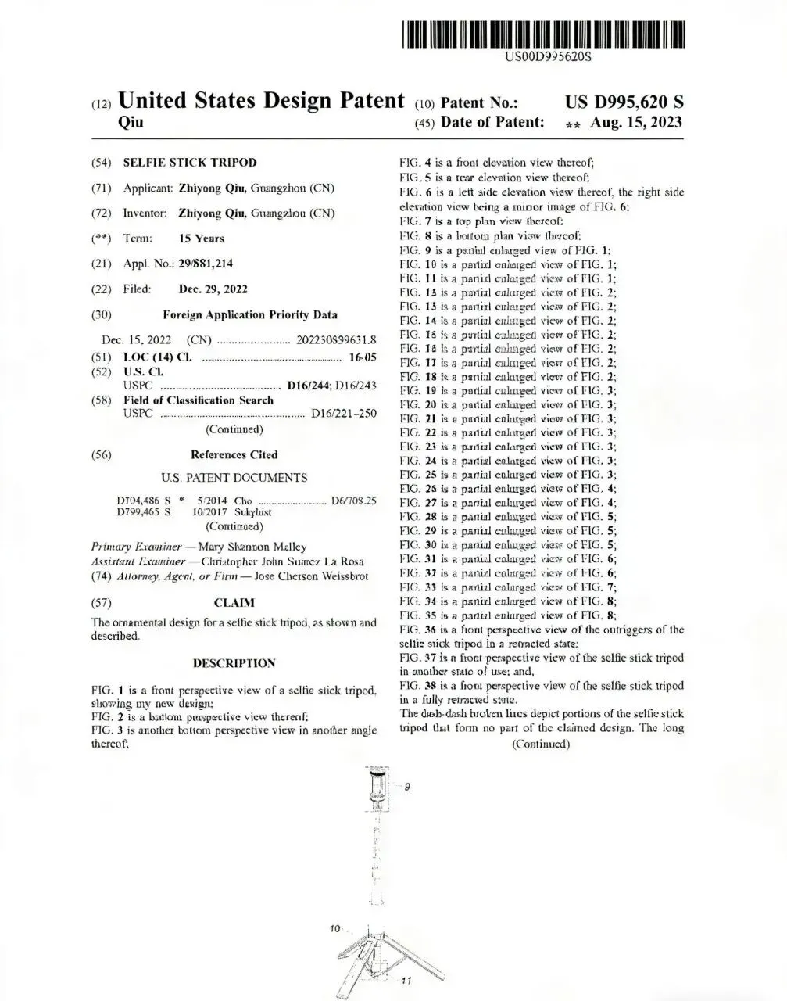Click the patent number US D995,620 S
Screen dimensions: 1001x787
tap(624, 102)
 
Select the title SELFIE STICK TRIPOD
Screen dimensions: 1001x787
tap(190, 163)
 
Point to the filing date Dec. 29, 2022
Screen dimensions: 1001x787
tap(213, 289)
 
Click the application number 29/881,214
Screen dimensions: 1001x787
tap(205, 264)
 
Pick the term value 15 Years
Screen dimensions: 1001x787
tap(202, 239)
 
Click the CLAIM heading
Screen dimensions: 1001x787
tap(234, 603)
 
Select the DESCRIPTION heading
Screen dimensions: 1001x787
tap(234, 664)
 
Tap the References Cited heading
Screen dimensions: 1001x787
tap(234, 455)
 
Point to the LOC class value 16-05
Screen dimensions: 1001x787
tap(362, 357)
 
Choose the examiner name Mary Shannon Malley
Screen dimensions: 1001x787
tap(252, 547)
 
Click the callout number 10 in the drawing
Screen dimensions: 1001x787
tap(335, 928)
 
